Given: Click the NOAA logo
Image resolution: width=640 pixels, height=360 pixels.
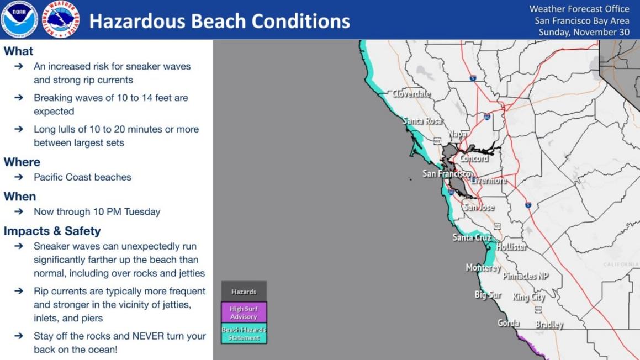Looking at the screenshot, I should coord(19,19).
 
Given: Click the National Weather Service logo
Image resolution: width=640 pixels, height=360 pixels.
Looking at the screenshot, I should coord(61,19).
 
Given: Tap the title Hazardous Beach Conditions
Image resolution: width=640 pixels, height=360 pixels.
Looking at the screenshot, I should coord(219,21).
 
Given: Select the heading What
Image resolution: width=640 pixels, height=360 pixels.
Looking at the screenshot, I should coord(19,51).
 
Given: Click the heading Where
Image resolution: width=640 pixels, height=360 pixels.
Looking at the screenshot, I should coord(22,162).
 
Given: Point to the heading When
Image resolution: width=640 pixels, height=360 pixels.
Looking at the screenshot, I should coord(20,197).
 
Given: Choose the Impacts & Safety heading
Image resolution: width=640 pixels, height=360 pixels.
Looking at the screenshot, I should coord(52,231).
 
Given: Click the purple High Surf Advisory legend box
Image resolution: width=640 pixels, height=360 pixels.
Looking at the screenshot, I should coord(244,313).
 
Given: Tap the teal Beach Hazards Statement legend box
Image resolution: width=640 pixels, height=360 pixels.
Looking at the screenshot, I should coord(244,333).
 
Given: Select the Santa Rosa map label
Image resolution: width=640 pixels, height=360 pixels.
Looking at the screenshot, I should coord(422,120).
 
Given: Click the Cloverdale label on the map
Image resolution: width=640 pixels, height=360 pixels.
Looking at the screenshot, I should coord(411,93).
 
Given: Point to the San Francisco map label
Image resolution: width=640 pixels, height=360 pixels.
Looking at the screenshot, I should coord(446,173).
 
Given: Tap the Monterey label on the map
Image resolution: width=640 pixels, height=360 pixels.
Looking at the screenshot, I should coord(483,267).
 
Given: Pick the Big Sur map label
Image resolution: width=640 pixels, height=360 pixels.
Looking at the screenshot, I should coord(488,294).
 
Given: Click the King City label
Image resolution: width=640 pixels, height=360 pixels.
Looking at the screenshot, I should coord(528,297).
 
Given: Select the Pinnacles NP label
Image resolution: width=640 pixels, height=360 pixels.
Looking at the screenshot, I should coord(525,276).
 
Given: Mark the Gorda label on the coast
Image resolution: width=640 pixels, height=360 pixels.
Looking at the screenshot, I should coord(509,322).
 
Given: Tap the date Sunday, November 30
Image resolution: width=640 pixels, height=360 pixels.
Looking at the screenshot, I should coord(584,32).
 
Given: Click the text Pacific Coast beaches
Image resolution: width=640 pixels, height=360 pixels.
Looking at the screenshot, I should coord(82,177).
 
